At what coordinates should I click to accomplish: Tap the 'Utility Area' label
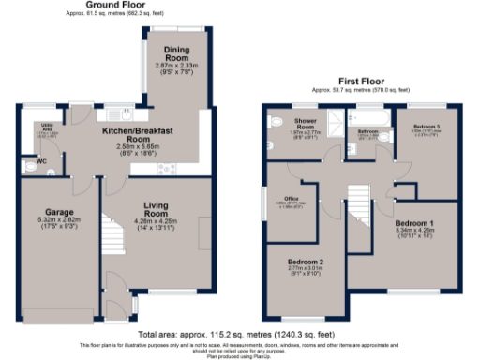coord(43,126)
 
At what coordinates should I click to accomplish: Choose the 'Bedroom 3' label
coord(415,125)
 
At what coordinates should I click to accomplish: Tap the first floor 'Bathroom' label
coord(368,130)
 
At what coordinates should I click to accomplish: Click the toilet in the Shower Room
coord(276,120)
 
